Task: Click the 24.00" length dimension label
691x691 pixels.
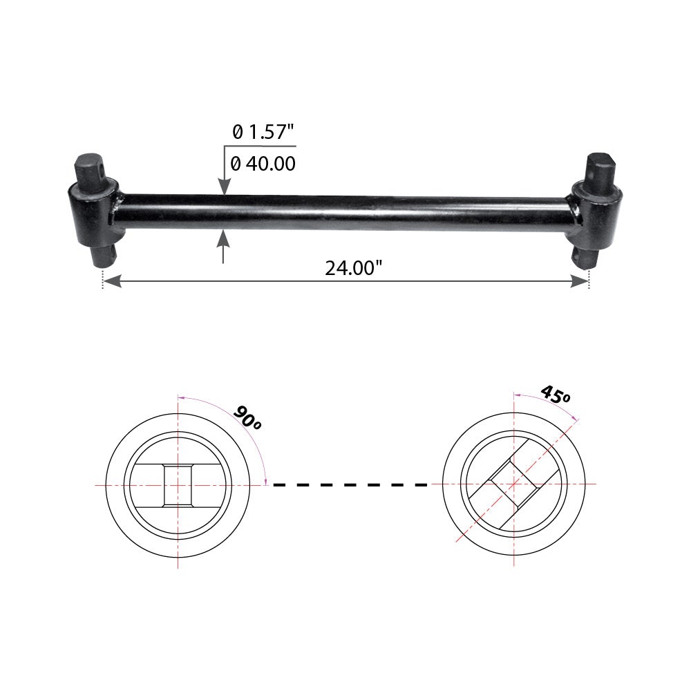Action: coord(353,267)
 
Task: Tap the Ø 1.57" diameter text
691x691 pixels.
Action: coord(263,132)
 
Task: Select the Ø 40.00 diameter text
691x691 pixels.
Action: coord(263,164)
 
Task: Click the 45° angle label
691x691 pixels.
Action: coord(556,394)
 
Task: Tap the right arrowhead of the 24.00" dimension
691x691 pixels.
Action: coord(579,281)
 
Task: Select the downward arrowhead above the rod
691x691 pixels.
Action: coord(225,187)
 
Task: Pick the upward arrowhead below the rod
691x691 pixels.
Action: coord(223,238)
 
